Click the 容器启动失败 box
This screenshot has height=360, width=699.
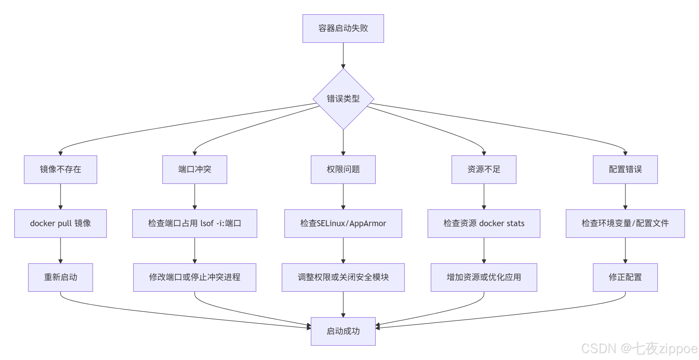[x=343, y=28]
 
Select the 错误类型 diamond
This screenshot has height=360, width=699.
[x=343, y=99]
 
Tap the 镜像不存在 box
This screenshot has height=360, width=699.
[x=60, y=169]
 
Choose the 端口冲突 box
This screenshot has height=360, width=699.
[x=194, y=169]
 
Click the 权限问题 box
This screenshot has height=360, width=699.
[x=343, y=169]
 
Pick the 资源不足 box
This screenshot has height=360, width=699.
[x=484, y=169]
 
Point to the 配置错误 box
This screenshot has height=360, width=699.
[x=625, y=169]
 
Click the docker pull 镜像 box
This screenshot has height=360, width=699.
[x=60, y=223]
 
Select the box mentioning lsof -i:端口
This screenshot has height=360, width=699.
[x=194, y=223]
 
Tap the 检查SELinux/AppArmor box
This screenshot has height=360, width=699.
[x=343, y=223]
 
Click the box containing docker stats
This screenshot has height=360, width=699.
[x=484, y=223]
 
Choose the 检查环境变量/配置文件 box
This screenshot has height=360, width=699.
[x=625, y=223]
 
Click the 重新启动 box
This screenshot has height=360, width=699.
[x=60, y=277]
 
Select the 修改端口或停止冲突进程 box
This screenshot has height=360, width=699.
[x=194, y=277]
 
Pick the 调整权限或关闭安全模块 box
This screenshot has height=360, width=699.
[x=343, y=277]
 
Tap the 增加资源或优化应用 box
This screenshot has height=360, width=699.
[x=484, y=277]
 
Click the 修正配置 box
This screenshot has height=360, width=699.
[x=625, y=277]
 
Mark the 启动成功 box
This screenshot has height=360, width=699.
[x=343, y=331]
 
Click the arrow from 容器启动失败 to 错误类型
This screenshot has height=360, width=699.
[x=343, y=55]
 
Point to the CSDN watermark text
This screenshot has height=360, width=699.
[x=639, y=348]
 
